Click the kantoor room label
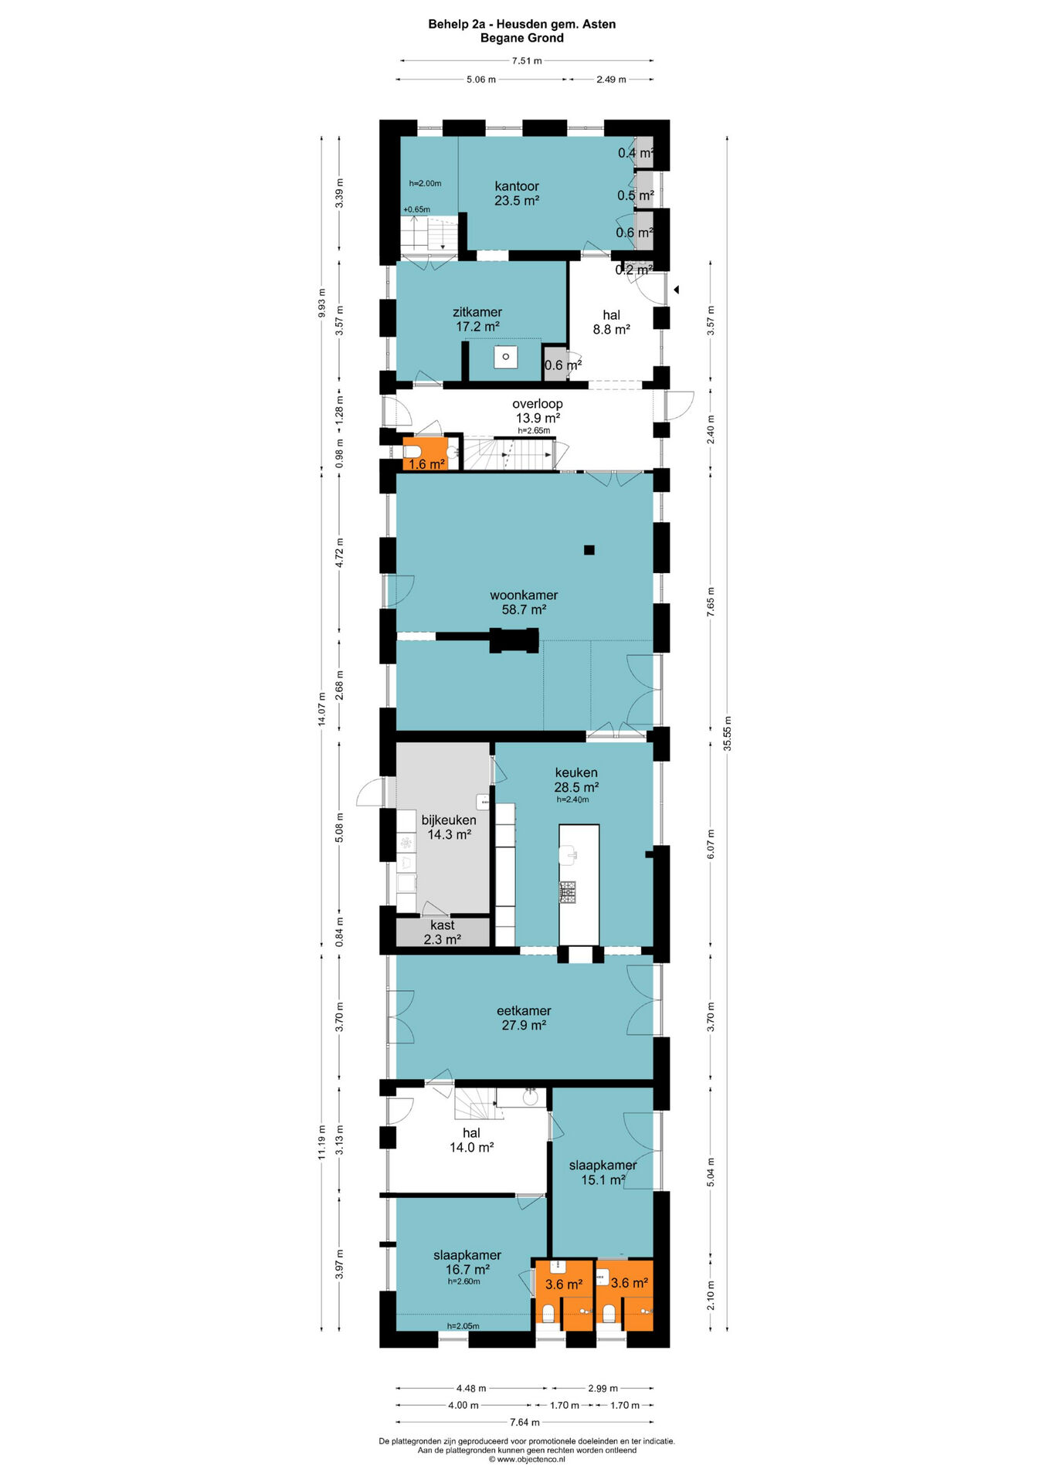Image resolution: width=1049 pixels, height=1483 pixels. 517,193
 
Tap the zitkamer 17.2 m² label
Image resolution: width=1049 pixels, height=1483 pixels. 477,319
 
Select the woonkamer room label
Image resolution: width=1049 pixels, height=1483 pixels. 524,602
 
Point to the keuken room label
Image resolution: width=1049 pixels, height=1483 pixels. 576,779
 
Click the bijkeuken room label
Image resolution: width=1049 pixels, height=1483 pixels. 449,827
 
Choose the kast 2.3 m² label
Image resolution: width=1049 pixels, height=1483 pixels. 443,932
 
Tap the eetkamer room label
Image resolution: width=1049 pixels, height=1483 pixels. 524,1018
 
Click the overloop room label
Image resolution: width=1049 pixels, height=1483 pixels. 538,411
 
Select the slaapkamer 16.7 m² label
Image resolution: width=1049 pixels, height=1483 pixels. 467,1262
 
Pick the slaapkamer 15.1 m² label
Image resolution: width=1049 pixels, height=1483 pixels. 603,1172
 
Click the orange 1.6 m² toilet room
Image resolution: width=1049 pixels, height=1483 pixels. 426,454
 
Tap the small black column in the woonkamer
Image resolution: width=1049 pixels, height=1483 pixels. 589,550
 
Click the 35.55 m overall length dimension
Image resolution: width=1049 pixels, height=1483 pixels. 727,734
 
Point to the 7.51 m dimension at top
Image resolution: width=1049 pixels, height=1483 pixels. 527,60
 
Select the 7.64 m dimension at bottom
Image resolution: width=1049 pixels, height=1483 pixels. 524,1422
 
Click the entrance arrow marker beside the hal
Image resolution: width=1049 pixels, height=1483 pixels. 676,290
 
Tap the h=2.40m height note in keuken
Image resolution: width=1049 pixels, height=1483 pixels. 572,799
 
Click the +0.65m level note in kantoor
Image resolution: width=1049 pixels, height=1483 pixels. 416,209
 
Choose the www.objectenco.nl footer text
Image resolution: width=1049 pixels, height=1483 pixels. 527,1460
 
